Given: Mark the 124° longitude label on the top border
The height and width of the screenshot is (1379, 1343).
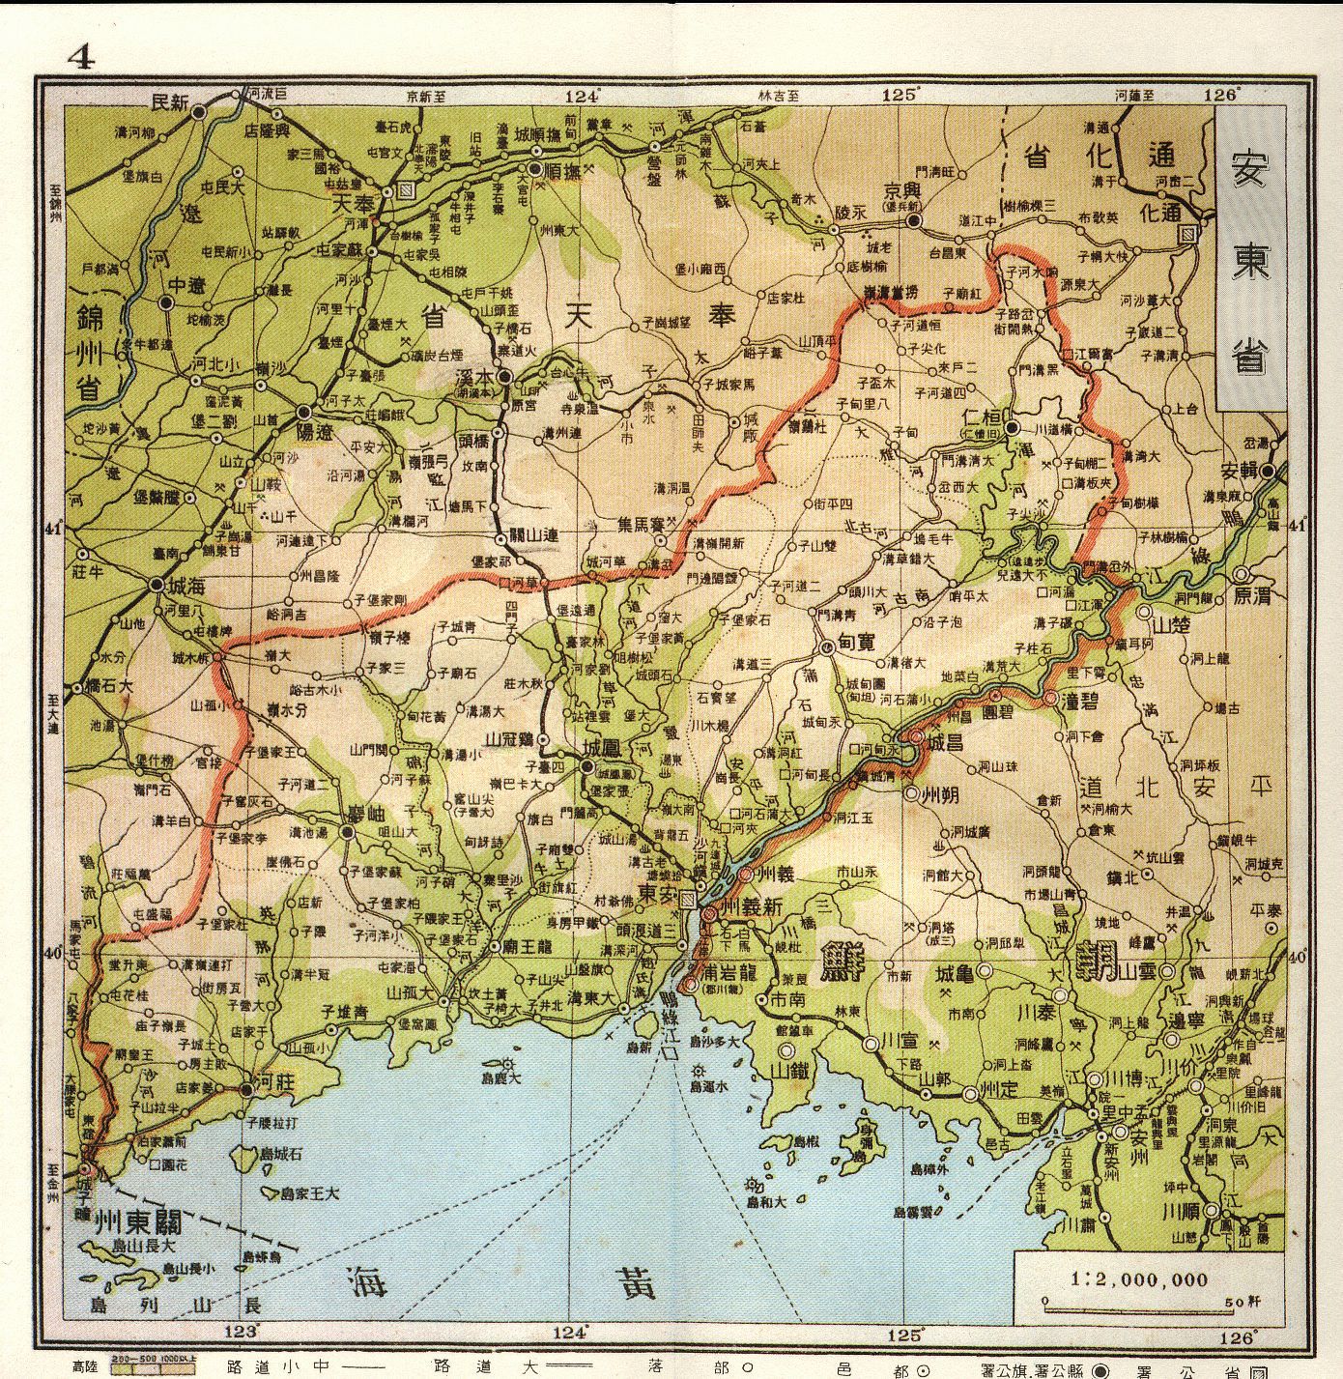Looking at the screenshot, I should click(583, 96).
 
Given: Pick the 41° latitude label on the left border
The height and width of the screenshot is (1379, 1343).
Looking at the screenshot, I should click(50, 529).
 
